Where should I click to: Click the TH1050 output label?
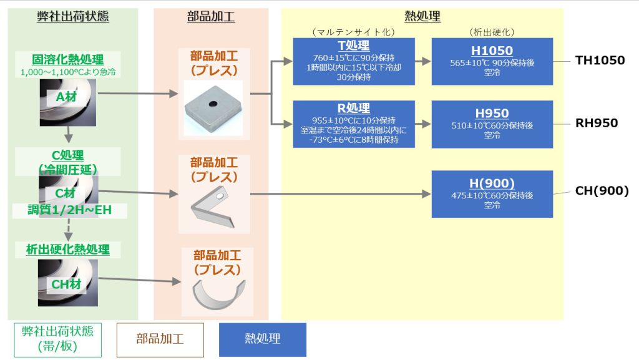click(x=600, y=61)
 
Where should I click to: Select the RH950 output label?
click(x=597, y=123)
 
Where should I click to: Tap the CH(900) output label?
click(x=602, y=191)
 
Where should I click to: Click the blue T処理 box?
click(x=354, y=62)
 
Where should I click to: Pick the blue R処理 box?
click(x=354, y=124)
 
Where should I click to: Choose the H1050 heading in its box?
click(x=492, y=51)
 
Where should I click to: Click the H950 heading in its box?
click(x=492, y=113)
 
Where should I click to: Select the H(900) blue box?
click(x=492, y=193)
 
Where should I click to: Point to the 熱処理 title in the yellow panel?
click(x=421, y=17)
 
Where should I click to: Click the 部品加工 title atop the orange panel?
click(x=211, y=17)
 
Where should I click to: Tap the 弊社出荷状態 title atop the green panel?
click(x=72, y=17)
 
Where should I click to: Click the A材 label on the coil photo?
click(x=66, y=97)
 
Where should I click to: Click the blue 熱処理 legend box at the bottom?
click(x=262, y=339)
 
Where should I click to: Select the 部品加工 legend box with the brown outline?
click(x=160, y=339)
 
